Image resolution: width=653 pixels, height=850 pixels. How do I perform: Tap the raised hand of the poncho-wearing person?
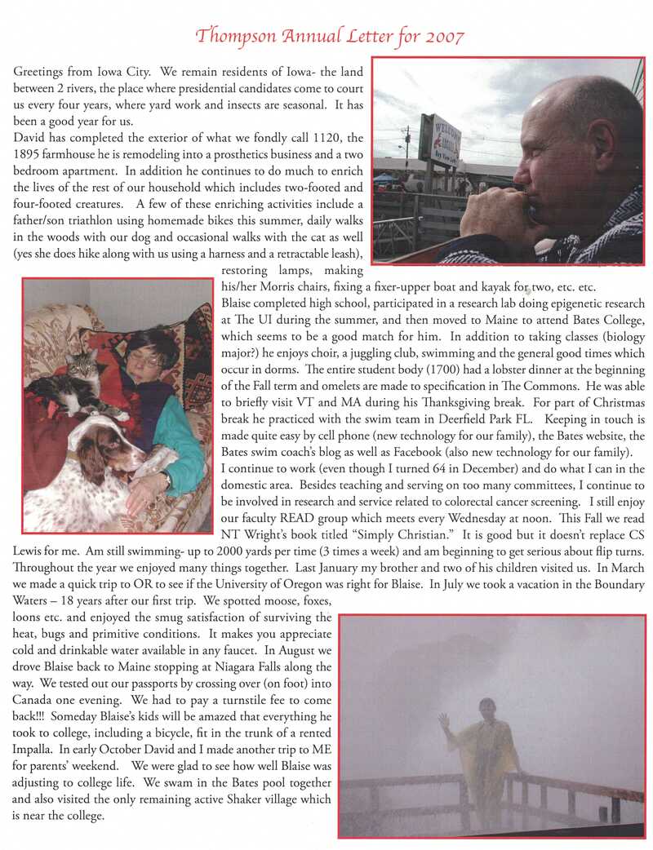tap(443, 722)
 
